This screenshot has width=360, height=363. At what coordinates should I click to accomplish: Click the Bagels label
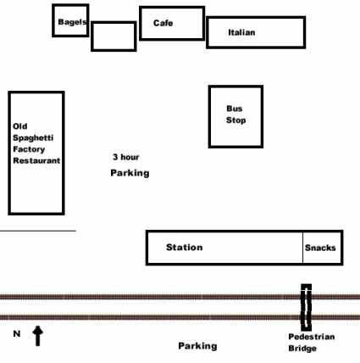(72, 22)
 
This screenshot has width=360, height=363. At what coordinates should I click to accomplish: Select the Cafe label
(163, 23)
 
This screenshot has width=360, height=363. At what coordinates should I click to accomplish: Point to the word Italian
(241, 32)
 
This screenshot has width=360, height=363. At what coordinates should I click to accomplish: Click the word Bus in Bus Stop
(235, 109)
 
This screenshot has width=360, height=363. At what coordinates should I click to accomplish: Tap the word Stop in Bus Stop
(235, 120)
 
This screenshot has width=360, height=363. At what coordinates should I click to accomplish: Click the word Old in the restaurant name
(20, 126)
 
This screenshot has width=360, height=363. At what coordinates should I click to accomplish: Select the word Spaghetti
(33, 138)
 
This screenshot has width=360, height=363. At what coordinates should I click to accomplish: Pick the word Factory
(29, 149)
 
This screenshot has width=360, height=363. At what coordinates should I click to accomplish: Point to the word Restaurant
(36, 160)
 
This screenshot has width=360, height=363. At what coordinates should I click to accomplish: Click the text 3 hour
(126, 157)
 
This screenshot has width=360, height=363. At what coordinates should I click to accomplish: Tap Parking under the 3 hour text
(130, 173)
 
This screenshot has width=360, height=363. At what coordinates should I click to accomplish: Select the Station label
(185, 248)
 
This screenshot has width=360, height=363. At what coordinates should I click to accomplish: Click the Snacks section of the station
(323, 248)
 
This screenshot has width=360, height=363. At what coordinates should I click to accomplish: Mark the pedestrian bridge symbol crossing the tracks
(306, 307)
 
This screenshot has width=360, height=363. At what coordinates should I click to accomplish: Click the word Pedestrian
(312, 337)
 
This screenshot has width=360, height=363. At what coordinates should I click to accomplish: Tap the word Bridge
(302, 349)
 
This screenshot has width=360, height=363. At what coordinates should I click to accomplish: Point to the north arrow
(37, 336)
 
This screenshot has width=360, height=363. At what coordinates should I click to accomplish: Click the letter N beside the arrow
(17, 334)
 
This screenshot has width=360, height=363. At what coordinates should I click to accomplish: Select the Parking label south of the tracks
(197, 346)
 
